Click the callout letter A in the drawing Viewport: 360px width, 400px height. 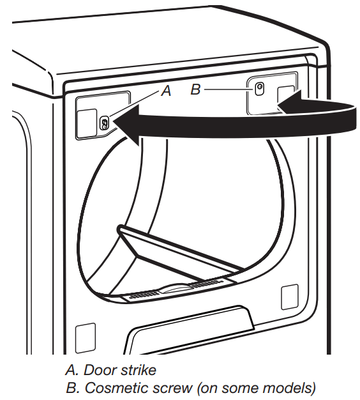[x=166, y=91]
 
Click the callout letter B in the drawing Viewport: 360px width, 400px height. [x=196, y=89]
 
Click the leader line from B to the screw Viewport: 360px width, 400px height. [x=227, y=89]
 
